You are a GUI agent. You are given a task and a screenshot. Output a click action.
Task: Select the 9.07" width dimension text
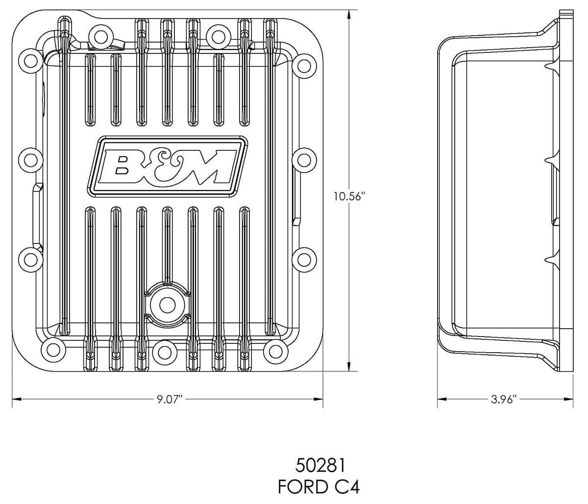[x=170, y=399]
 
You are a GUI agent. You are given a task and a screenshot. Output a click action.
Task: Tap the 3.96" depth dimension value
[x=504, y=399]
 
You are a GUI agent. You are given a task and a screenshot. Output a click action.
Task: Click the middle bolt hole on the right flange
[x=303, y=160]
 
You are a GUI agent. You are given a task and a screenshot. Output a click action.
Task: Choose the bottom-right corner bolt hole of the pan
[x=273, y=349]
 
